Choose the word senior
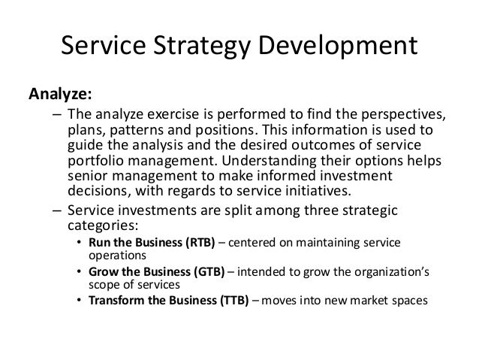point(86,177)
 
